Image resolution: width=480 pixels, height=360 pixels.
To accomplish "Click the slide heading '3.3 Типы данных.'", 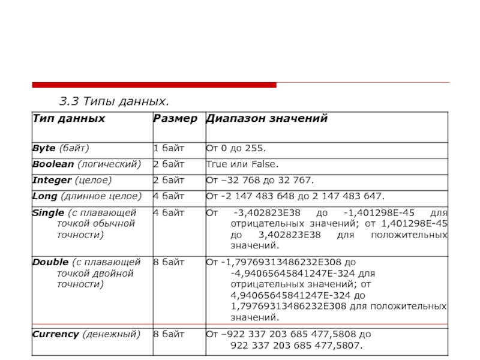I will click(x=113, y=100).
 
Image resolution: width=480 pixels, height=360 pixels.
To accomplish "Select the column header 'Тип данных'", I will click(x=68, y=118).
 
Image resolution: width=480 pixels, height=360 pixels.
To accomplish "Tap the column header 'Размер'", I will click(x=175, y=118).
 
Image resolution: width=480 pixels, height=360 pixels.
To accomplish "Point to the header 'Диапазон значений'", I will click(x=266, y=118).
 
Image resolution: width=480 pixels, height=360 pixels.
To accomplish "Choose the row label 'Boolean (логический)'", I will click(x=86, y=164).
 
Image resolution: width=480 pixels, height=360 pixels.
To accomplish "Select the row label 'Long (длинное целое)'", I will click(x=86, y=196).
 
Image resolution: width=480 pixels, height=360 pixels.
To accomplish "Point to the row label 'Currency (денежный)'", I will click(x=85, y=334).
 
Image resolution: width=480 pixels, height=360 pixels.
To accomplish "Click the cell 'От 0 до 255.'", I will click(x=236, y=147).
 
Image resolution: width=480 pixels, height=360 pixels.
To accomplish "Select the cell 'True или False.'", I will click(x=242, y=164).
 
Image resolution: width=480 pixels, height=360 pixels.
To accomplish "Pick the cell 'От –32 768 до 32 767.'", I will click(x=260, y=180).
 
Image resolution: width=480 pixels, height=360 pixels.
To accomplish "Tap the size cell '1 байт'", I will click(x=169, y=147).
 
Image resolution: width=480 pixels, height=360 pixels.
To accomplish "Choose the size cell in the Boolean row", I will click(x=169, y=164).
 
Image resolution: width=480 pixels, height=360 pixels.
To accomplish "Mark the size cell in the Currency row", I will click(x=169, y=334).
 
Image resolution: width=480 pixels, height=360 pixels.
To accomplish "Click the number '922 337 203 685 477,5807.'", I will click(x=296, y=346).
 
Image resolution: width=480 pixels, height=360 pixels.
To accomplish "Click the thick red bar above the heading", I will click(x=154, y=85).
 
